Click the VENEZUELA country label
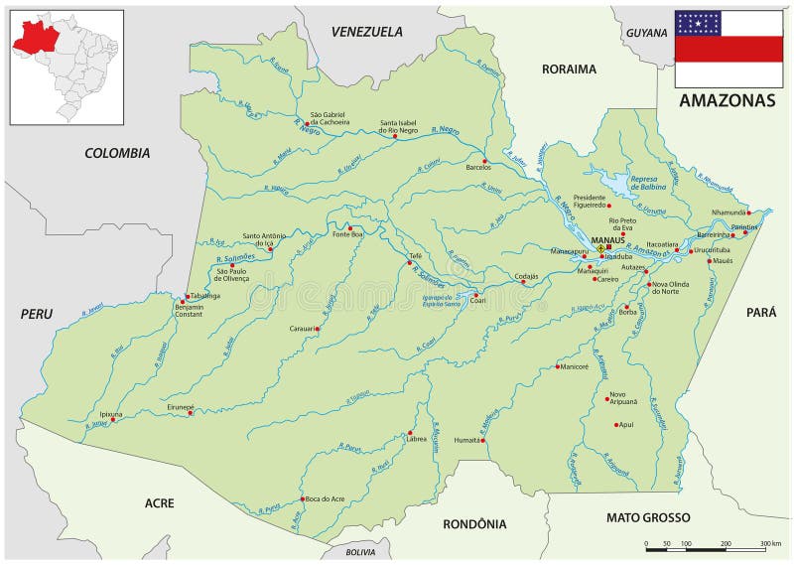tap(367, 32)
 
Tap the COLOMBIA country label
tap(117, 153)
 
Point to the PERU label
tap(36, 314)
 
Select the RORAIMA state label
tap(569, 70)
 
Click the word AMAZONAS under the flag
tap(728, 101)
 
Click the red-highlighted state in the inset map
tap(35, 37)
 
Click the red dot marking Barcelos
tap(484, 161)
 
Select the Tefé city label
tap(416, 255)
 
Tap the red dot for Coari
tap(475, 295)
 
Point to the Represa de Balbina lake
tap(620, 184)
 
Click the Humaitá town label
tap(466, 439)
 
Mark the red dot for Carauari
tap(318, 328)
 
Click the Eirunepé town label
tap(181, 407)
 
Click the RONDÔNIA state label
tap(474, 523)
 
